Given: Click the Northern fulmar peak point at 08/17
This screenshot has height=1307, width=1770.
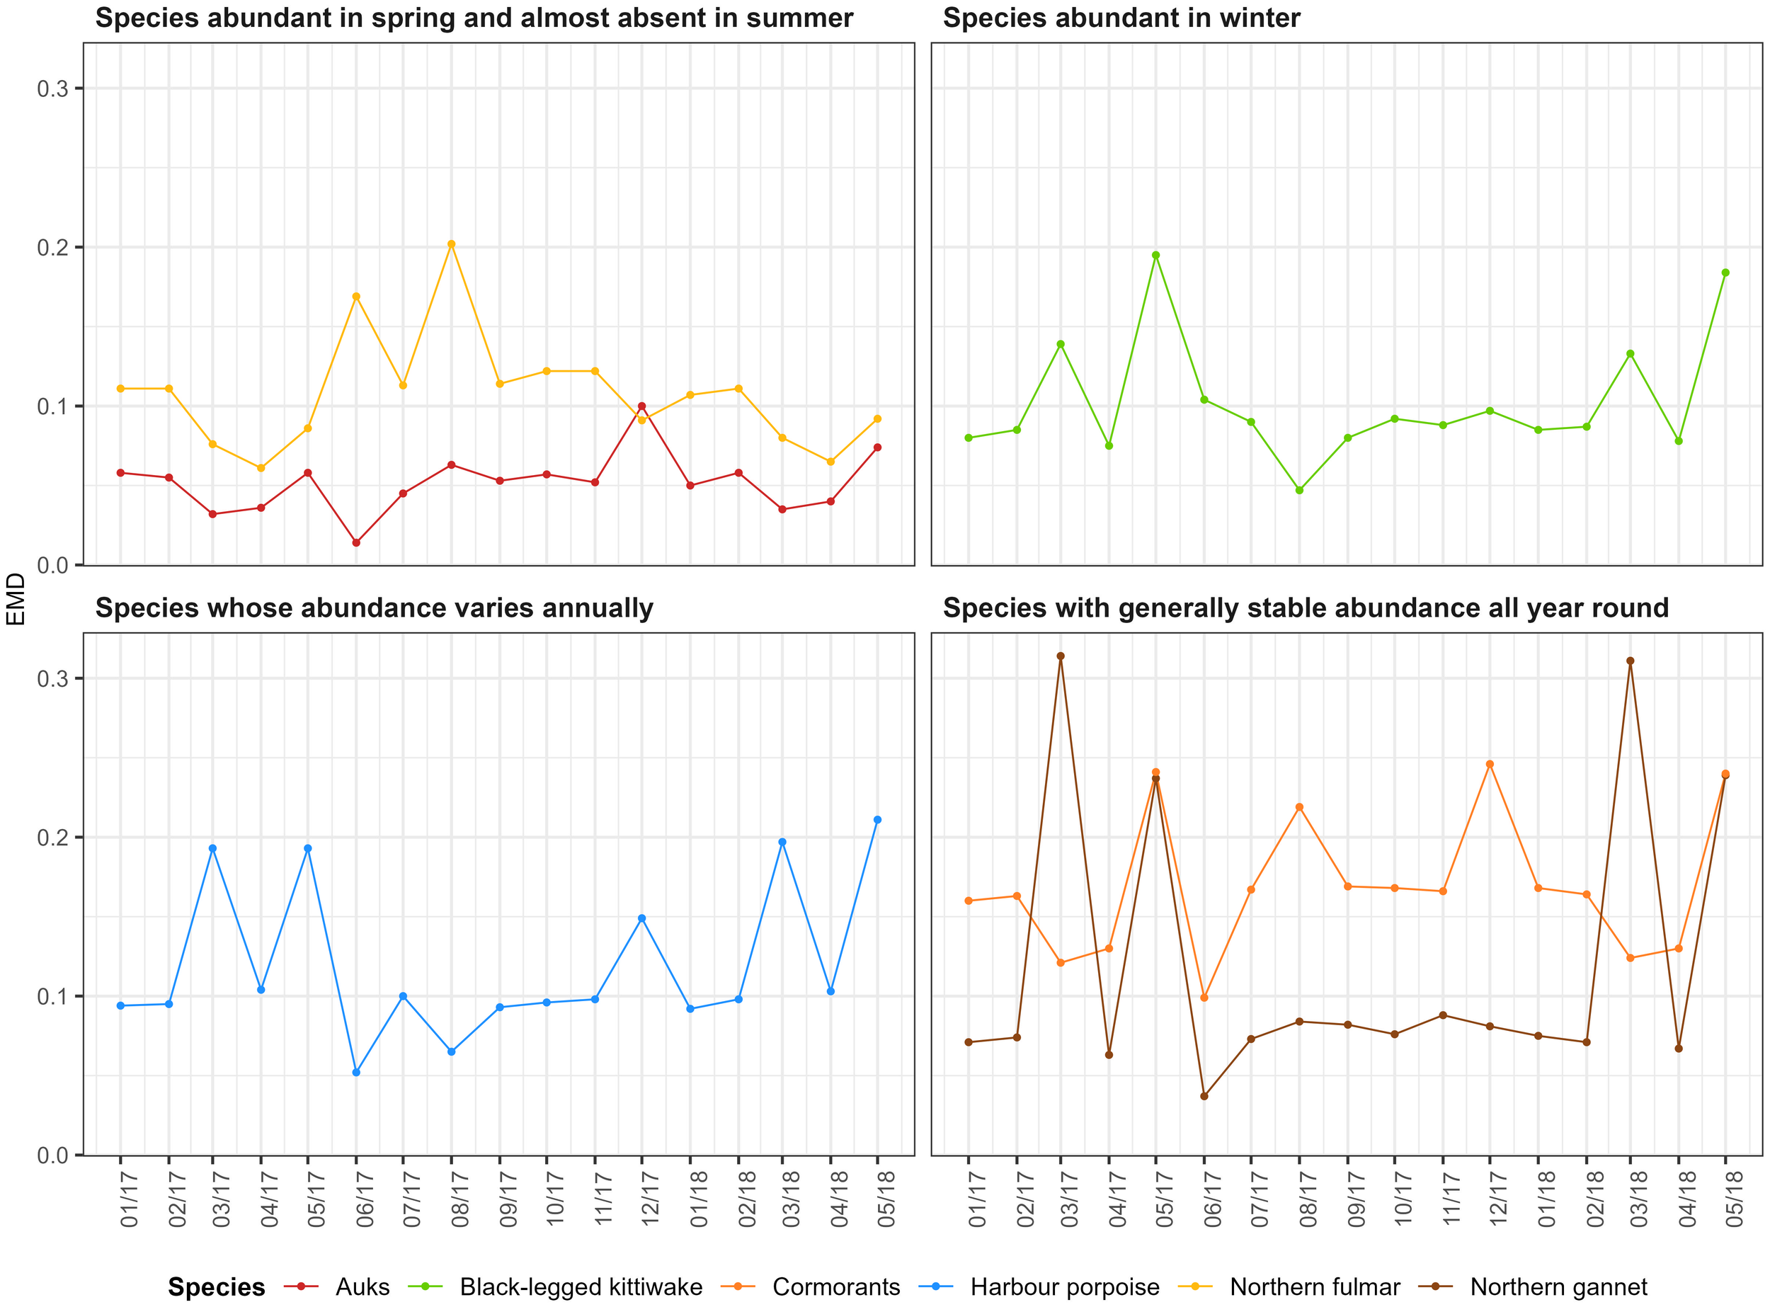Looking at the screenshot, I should (451, 244).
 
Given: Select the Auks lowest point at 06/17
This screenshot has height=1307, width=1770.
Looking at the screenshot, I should (356, 543).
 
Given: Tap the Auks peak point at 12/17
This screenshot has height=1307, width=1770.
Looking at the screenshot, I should (641, 406).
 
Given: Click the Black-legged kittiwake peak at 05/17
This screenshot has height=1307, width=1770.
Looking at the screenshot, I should (1156, 255).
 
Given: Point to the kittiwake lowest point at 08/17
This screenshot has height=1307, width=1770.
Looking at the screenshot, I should (1299, 490).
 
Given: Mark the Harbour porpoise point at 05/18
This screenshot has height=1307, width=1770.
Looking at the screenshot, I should (877, 820).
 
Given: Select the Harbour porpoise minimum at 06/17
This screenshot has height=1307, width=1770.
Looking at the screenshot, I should (356, 1072).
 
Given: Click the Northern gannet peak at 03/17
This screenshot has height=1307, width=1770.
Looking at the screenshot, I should (1061, 656).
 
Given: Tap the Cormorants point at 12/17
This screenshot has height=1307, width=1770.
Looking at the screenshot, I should (1490, 764).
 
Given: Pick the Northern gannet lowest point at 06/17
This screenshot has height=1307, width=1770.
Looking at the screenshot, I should (1204, 1096).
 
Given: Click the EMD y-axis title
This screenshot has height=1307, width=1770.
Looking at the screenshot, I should (16, 599).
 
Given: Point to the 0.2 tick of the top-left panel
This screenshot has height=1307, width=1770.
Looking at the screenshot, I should (52, 247).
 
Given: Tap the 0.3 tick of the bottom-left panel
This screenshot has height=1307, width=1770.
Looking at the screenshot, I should (52, 678).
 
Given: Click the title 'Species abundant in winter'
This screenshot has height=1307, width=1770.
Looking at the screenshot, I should (1121, 18).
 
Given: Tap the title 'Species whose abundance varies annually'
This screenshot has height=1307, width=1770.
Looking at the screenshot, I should (375, 607).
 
